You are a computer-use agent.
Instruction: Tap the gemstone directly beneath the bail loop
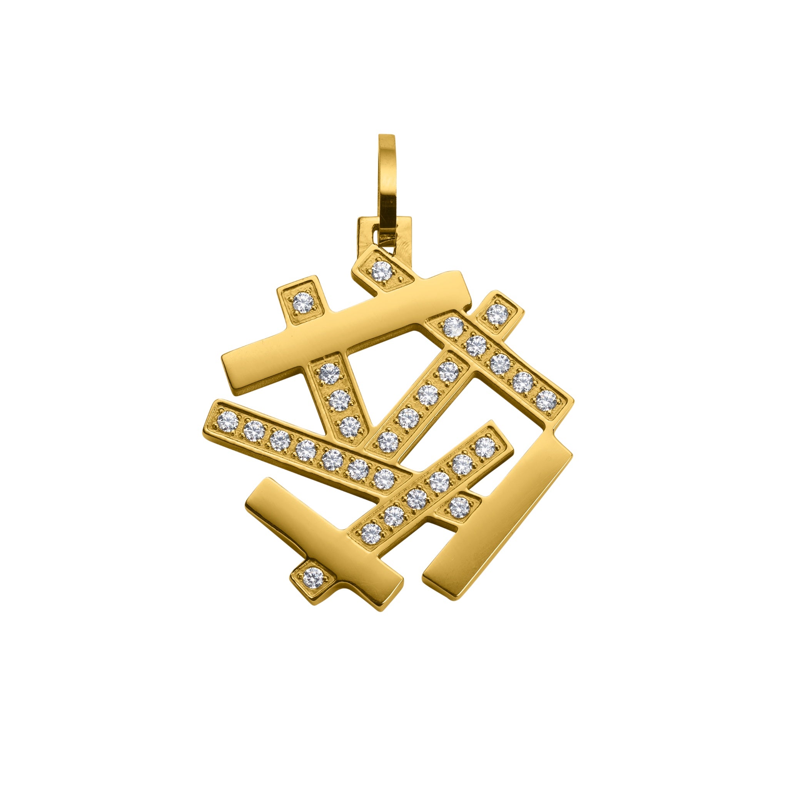(382, 271)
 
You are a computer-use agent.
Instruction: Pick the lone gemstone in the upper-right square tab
(497, 314)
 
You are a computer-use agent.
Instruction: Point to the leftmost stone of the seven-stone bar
(228, 421)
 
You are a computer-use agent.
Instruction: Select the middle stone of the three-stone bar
(339, 400)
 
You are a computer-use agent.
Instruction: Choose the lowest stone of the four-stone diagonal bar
(388, 441)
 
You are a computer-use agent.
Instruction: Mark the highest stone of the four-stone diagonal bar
(449, 371)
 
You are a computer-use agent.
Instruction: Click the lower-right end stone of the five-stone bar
(546, 400)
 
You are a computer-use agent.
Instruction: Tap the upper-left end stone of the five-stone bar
(453, 327)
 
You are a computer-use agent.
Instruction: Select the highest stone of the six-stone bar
(485, 447)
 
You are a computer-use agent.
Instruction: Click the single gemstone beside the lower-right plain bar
(459, 507)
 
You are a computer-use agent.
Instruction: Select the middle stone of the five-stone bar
(500, 364)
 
